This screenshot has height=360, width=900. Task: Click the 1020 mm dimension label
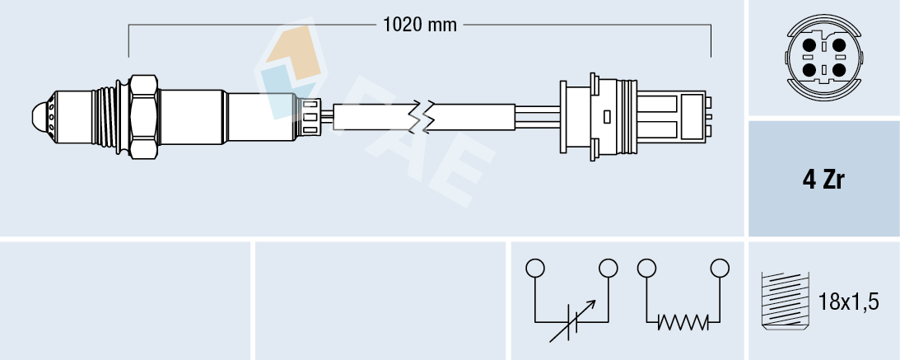tap(420, 25)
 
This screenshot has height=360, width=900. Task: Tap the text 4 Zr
tap(823, 180)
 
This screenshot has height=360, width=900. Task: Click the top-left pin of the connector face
tap(810, 45)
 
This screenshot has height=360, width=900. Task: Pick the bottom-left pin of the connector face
tap(810, 71)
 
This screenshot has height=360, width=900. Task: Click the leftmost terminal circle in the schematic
tap(535, 268)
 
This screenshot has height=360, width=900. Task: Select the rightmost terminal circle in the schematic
tap(720, 268)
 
